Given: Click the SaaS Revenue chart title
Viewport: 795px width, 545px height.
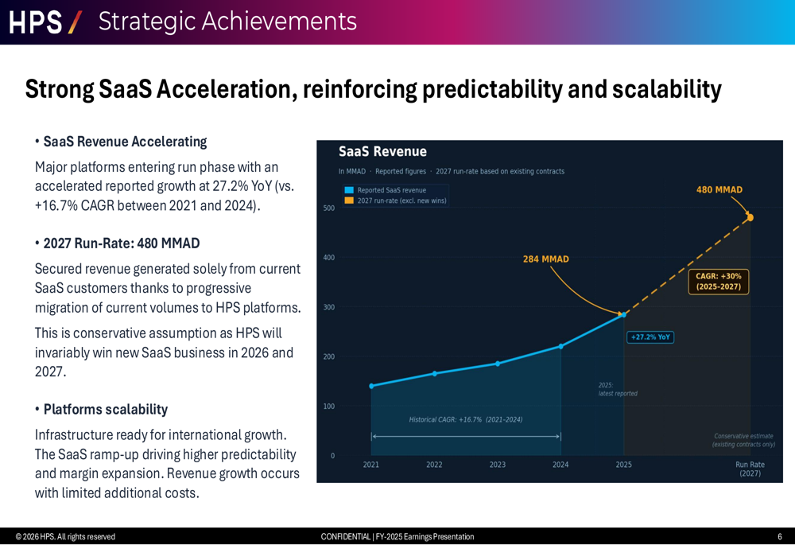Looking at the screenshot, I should tap(382, 151).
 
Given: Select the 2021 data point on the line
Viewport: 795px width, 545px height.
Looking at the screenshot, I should tap(371, 386).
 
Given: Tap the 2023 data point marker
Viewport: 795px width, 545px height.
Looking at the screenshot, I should tap(498, 364).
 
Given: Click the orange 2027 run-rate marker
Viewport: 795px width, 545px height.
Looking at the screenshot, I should tap(750, 217).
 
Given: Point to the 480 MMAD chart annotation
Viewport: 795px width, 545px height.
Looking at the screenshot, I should tap(719, 190).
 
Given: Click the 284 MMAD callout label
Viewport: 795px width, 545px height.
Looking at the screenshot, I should tap(545, 259).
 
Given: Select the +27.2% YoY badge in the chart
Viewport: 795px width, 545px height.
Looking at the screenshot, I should tap(650, 337).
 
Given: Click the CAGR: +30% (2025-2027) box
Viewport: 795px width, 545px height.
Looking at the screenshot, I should tap(718, 282).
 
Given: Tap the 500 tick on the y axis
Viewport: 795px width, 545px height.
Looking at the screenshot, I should tap(328, 208).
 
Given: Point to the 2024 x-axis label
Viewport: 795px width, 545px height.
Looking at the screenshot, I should tap(560, 465).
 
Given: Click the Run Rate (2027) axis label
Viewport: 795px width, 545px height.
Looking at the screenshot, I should tap(750, 469).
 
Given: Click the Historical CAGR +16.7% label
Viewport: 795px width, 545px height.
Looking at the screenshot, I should tap(466, 419).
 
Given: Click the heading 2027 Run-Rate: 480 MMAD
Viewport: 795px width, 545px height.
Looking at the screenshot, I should tap(121, 243).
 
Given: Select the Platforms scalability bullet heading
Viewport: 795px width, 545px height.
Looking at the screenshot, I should tap(105, 410).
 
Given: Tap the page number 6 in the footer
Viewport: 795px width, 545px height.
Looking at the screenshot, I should tap(779, 537).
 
